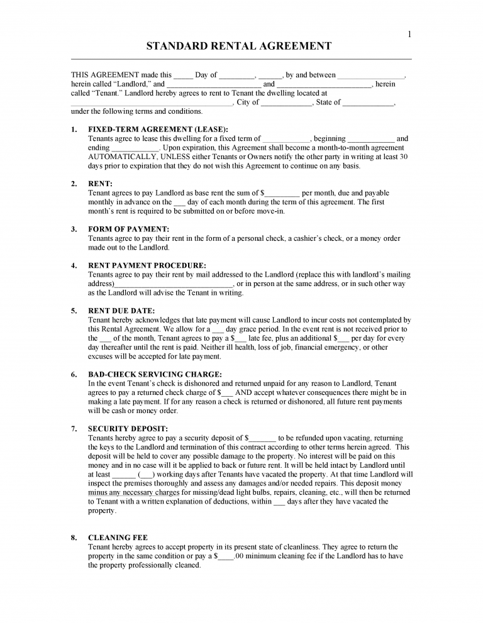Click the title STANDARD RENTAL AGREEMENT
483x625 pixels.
coord(238,46)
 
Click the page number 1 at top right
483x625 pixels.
coord(409,35)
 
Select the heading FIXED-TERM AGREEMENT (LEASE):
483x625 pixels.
coord(158,129)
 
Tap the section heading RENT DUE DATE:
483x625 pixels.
coord(121,311)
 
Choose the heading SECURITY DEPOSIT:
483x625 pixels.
coord(128,429)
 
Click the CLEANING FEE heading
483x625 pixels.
coord(118,538)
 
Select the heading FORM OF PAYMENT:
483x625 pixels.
coord(128,230)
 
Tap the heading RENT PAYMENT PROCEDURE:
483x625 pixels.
coord(147,265)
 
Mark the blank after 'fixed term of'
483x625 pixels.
coord(286,139)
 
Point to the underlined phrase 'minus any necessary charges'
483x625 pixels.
coord(133,493)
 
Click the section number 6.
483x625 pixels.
coord(74,374)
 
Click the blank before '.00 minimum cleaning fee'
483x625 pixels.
coord(226,556)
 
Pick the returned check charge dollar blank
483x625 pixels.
coord(228,393)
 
